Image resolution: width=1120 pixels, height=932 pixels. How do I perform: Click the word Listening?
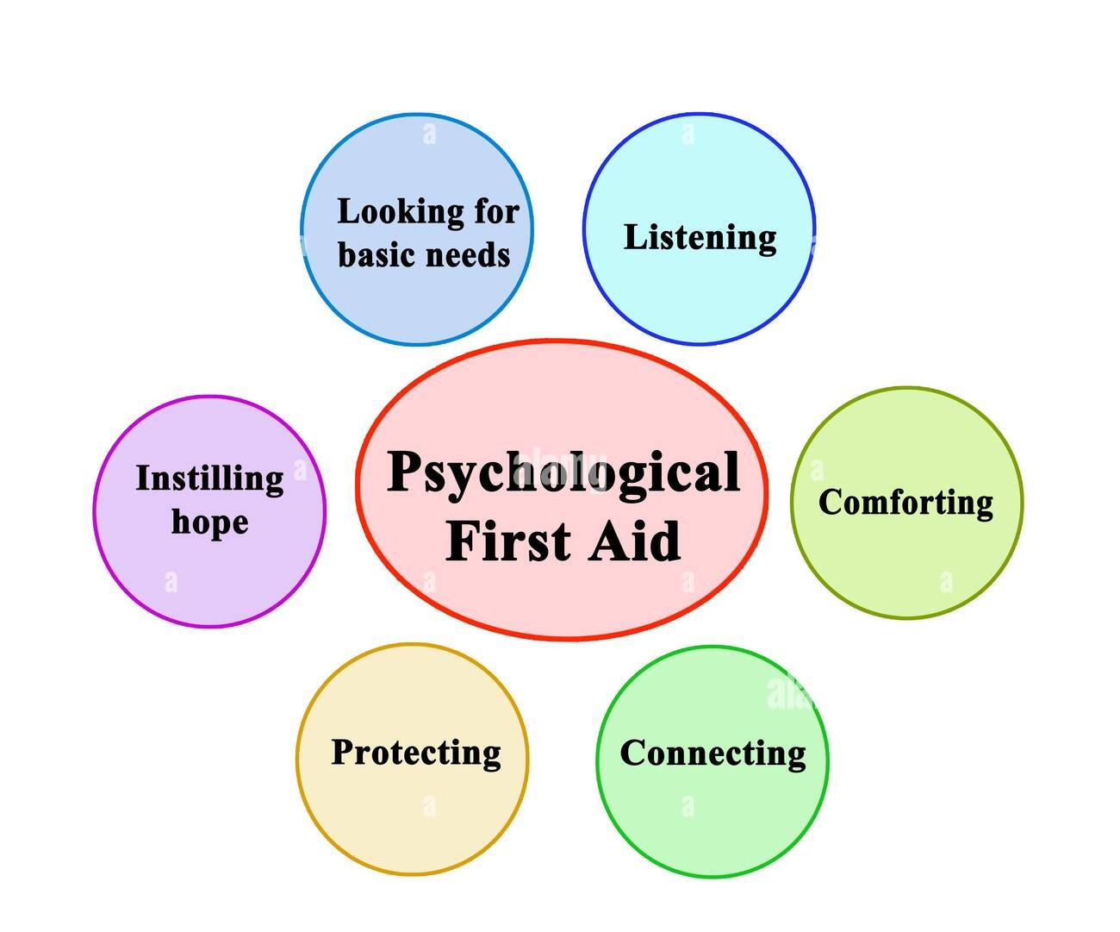(700, 239)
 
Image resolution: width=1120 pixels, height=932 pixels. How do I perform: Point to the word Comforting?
(906, 504)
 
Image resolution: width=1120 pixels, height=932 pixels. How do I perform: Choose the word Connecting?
(712, 754)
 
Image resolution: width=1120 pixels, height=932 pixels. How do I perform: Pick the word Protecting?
(416, 754)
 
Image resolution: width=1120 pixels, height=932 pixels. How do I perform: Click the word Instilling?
(209, 479)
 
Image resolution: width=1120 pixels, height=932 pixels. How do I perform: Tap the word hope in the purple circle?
(209, 522)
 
